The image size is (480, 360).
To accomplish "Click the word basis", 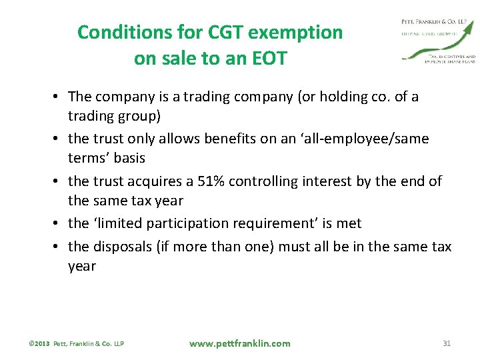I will pos(129,158).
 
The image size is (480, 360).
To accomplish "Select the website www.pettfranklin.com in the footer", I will pos(239,343).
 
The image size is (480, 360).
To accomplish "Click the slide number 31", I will pos(447,343).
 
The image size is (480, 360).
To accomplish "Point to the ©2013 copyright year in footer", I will pos(39,344).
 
